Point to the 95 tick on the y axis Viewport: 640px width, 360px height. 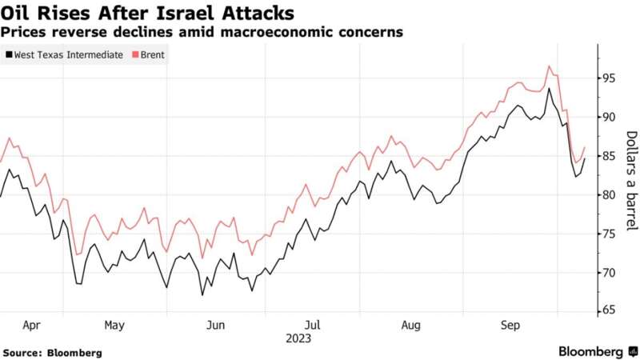(x=610, y=78)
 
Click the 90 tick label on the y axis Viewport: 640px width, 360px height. (x=610, y=117)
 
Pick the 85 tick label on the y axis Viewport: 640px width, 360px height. (x=610, y=156)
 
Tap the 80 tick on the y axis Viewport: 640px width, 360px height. (x=610, y=194)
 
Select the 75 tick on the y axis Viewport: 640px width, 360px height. (x=610, y=234)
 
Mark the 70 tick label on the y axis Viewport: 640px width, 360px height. (x=610, y=273)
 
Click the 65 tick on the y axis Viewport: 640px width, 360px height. (x=610, y=311)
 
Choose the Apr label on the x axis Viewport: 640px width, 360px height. (x=32, y=326)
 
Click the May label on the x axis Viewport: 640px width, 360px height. (x=114, y=326)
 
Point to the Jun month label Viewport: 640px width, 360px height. (x=216, y=326)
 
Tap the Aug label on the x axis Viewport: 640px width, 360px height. (x=410, y=326)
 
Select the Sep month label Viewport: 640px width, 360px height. (x=510, y=326)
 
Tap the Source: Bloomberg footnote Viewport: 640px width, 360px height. (x=52, y=352)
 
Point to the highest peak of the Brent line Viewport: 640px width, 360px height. (x=550, y=66)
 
